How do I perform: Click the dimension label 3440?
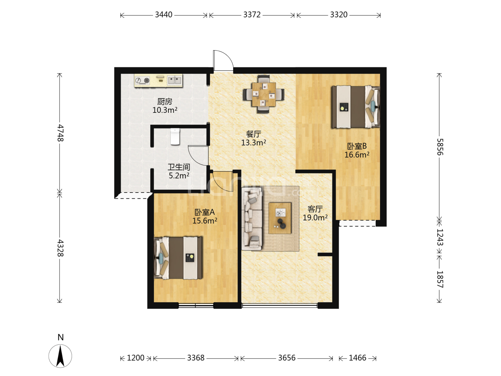pos(164,15)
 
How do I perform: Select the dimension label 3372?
pos(252,15)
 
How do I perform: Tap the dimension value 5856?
pos(440,147)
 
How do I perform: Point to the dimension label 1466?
pos(357,358)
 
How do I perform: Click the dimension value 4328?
pos(60,248)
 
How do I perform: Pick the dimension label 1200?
pos(136,358)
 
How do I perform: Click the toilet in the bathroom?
pos(175,136)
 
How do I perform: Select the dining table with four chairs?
pos(264,94)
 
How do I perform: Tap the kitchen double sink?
pos(175,80)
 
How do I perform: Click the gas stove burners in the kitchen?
pos(142,80)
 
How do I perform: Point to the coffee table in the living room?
pos(280,218)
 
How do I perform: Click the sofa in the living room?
pos(252,219)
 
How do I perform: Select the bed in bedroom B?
pos(356,107)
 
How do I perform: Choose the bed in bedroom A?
pos(178,258)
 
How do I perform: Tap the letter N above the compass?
pos(61,337)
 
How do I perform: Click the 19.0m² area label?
pos(315,218)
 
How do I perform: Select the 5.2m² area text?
pos(179,176)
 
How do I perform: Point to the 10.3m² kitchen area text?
pos(165,110)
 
